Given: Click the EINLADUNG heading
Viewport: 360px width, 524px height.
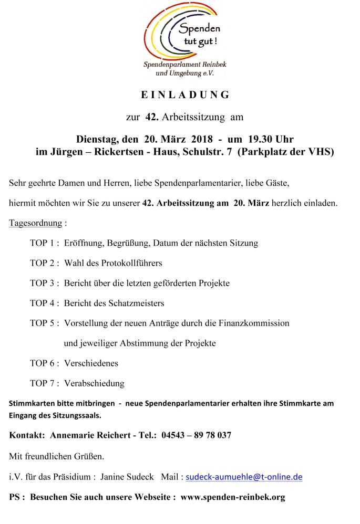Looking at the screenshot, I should point(186,95).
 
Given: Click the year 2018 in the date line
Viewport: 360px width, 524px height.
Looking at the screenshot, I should point(199,139).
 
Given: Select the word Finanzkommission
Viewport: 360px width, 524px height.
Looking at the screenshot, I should point(254,323).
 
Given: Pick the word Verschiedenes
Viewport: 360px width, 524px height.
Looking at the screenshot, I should point(91,363).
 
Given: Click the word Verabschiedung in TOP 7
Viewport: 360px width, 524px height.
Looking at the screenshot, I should point(94,383).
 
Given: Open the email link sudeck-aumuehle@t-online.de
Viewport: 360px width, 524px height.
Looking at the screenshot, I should point(244,477).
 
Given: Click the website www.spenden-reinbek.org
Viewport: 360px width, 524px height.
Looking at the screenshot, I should point(233,497).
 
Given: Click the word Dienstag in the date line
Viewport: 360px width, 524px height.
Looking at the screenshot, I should point(98,139).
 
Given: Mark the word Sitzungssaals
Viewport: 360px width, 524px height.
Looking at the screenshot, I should point(76,415).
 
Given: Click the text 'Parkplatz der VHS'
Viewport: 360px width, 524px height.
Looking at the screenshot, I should point(285,152).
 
